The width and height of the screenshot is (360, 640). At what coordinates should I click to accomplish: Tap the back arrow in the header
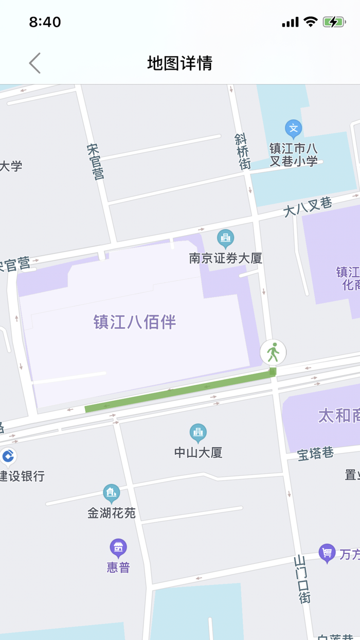[x=34, y=63]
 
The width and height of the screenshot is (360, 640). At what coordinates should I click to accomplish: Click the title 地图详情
[x=179, y=63]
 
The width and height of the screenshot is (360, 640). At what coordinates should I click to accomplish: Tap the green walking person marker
[x=273, y=353]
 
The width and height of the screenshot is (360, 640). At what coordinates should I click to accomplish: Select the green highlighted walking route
[x=180, y=391]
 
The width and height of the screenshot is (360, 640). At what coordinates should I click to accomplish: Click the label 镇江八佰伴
[x=135, y=322]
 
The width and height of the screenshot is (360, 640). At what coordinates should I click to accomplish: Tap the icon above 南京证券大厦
[x=225, y=238]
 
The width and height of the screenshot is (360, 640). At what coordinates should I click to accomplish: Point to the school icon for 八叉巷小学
[x=294, y=129]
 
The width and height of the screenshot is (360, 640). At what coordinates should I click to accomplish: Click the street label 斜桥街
[x=243, y=151]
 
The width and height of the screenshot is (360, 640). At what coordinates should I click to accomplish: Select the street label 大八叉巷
[x=308, y=207]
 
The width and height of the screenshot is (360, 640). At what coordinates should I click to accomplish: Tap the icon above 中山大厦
[x=198, y=433]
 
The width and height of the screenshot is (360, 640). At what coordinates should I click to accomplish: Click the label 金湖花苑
[x=112, y=512]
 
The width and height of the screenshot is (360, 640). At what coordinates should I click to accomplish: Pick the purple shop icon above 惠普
[x=118, y=548]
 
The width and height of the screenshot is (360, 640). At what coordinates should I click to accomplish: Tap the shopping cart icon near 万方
[x=327, y=553]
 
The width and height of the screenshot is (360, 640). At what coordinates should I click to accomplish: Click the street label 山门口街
[x=302, y=579]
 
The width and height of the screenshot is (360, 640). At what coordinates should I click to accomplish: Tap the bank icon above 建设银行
[x=8, y=456]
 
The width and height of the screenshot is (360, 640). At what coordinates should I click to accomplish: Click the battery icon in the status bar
[x=334, y=22]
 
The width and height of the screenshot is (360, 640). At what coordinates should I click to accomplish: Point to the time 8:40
[x=45, y=22]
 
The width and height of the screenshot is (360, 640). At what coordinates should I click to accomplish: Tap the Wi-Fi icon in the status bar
[x=311, y=22]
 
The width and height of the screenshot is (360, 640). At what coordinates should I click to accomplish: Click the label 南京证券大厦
[x=226, y=258]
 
